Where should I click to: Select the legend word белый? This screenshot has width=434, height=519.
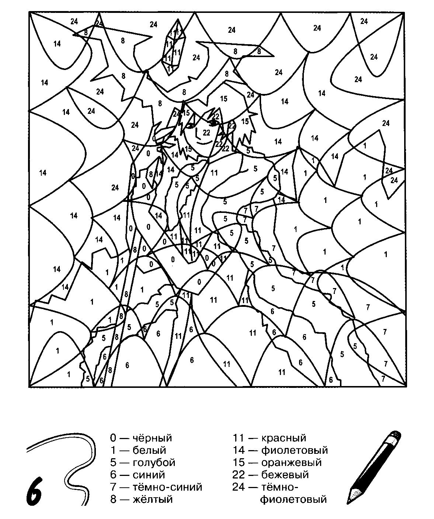click(x=149, y=450)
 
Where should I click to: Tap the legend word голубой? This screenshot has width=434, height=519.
click(x=154, y=463)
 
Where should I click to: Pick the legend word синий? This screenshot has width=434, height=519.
click(x=149, y=475)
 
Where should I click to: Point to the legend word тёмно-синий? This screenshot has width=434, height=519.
click(x=167, y=487)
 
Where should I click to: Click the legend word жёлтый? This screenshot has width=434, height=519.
click(x=152, y=499)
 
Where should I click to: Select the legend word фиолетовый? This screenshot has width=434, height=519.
click(x=294, y=450)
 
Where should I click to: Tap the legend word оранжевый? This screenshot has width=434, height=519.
click(x=291, y=463)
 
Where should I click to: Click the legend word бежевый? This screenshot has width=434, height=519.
click(x=285, y=475)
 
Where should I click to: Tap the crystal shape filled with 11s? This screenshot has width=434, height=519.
click(x=173, y=47)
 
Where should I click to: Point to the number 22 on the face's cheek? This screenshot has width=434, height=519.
click(x=206, y=133)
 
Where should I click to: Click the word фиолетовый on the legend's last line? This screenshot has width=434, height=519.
click(x=294, y=499)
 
